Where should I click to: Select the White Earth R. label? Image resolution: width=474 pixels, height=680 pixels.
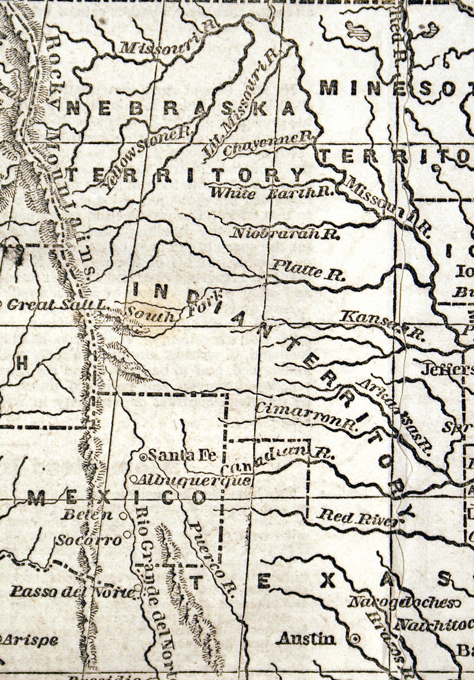point(273,192)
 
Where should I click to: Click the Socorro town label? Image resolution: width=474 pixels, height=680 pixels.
point(89,540)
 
